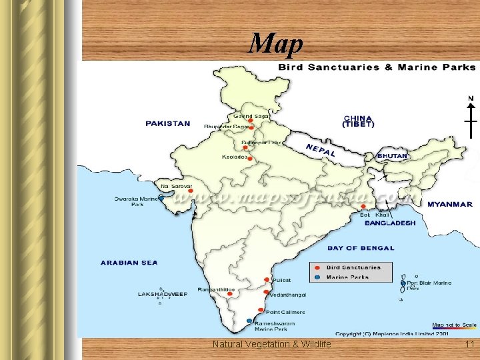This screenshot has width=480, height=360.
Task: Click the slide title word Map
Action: coord(275,44)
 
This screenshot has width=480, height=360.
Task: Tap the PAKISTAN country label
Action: coord(168,123)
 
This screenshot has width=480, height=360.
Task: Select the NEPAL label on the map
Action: coord(320,151)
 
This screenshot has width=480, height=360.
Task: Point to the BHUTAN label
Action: coord(392,156)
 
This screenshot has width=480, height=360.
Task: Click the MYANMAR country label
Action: coord(449,204)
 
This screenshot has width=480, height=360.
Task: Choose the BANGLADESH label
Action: coord(390,223)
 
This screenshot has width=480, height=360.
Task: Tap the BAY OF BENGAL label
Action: coord(360,248)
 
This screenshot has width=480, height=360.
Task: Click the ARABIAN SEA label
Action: coord(129,263)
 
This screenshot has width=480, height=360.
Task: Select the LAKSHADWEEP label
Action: coord(163,293)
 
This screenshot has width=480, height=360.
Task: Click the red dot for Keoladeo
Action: coord(250,158)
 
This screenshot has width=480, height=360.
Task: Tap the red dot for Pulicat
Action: coord(267,280)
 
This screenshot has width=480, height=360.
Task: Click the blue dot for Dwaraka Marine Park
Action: coord(161,197)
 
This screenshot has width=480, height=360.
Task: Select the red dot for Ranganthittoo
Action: coord(230,293)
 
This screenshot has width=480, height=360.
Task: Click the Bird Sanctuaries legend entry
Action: coord(353,267)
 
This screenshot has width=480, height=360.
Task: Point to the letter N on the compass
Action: coord(471,98)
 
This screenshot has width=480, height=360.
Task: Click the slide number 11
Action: coord(469,344)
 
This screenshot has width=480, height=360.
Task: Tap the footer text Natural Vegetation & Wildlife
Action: coord(271,344)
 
